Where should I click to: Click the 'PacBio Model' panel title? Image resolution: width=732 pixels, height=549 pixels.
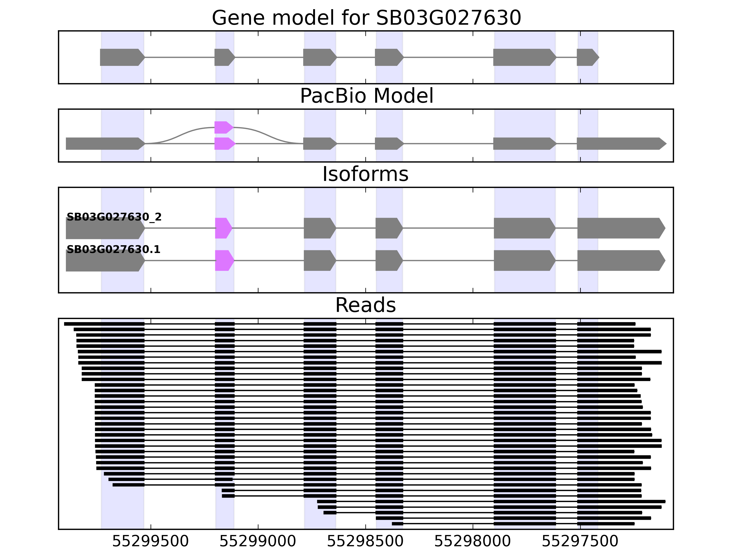pos(366,96)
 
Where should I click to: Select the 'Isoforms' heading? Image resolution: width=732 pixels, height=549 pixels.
pos(365,174)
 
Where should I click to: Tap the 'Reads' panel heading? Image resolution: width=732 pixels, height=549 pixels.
pos(365,305)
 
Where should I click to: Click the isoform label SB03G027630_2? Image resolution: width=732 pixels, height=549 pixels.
pos(114,217)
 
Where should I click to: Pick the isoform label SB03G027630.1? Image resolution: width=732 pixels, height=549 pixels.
pos(113,250)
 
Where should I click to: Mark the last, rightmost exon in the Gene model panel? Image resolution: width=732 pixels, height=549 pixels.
pos(587,57)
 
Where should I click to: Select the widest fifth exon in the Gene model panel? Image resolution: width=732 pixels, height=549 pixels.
pos(524,57)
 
